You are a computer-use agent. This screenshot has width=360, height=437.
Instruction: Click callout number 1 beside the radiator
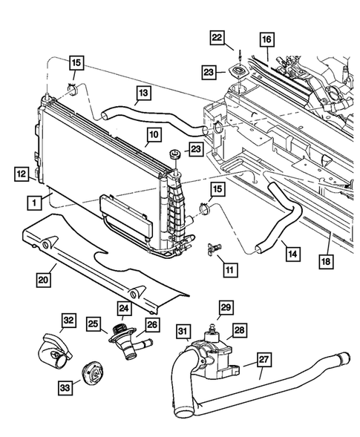34,202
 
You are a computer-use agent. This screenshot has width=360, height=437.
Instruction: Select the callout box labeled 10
154,135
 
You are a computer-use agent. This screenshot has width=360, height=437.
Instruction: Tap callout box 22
216,38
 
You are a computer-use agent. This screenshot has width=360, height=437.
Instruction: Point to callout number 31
183,330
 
